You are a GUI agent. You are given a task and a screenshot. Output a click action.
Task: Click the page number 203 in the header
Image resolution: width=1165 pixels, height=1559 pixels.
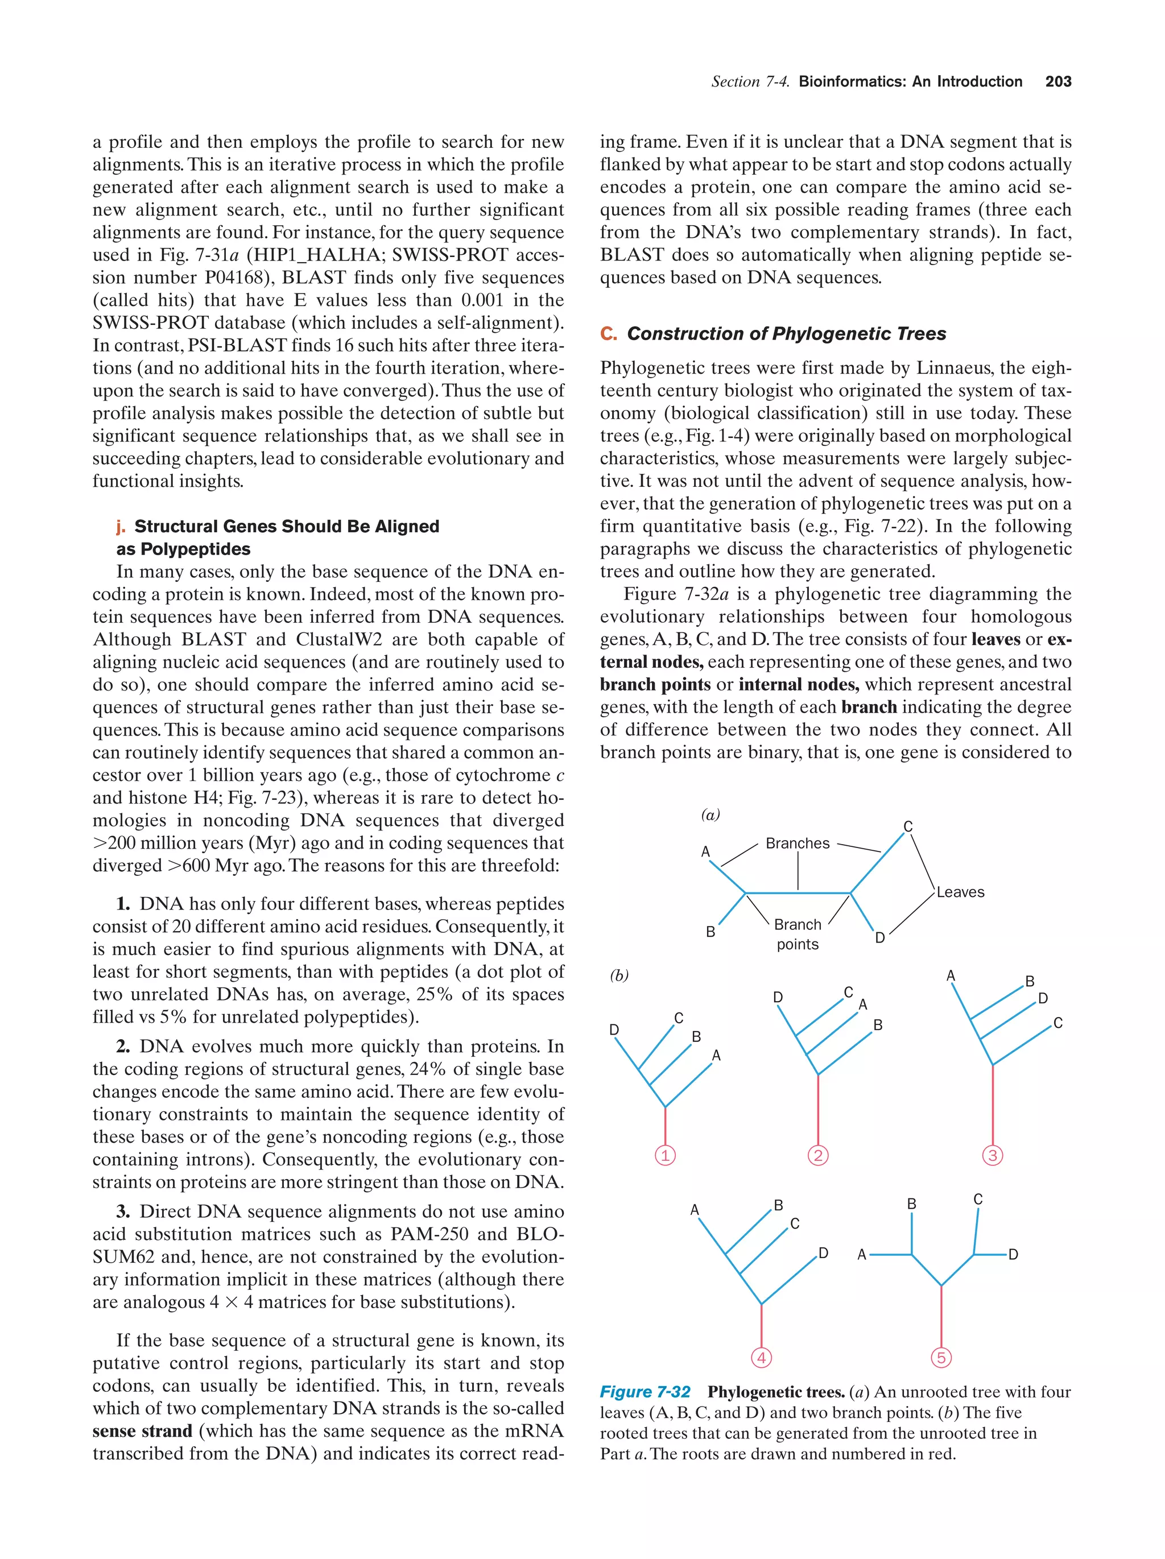(x=1058, y=82)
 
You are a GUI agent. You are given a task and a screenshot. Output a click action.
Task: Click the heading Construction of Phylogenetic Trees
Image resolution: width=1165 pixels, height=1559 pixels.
(x=786, y=333)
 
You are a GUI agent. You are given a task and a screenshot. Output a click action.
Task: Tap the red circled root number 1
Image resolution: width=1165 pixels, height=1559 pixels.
(x=664, y=1155)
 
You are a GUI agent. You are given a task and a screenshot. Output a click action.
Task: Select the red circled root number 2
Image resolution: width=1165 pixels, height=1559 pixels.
(x=817, y=1155)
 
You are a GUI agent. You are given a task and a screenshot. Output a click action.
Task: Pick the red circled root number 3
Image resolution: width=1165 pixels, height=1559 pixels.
(x=992, y=1155)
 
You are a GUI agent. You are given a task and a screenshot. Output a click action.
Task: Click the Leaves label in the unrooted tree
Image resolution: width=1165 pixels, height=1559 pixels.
(x=960, y=892)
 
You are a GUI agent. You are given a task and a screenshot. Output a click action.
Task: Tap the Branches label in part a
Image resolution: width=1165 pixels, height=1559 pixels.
(x=797, y=843)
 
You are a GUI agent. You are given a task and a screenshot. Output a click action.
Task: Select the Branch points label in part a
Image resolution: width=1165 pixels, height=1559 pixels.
(x=797, y=934)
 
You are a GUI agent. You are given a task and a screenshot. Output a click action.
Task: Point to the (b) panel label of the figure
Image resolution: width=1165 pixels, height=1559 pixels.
(x=619, y=975)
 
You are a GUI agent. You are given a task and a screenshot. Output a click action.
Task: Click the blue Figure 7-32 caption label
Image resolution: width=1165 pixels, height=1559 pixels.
(x=645, y=1392)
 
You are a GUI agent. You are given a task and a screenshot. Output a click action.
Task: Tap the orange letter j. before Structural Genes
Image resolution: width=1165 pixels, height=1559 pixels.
(x=121, y=527)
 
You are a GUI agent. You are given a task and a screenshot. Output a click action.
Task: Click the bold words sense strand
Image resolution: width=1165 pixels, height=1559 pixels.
(x=142, y=1430)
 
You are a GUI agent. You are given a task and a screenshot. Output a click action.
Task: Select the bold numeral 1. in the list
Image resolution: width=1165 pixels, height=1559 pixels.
(x=123, y=904)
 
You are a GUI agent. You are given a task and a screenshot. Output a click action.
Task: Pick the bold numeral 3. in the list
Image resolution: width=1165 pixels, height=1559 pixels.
(x=123, y=1211)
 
